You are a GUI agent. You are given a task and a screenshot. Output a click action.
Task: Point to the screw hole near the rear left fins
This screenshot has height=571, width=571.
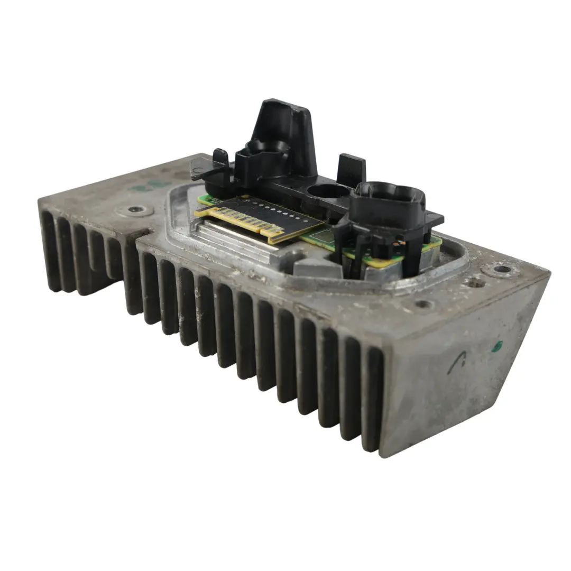(x=134, y=211)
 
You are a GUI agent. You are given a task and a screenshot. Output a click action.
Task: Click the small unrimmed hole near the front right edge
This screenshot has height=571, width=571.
(x=423, y=304)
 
